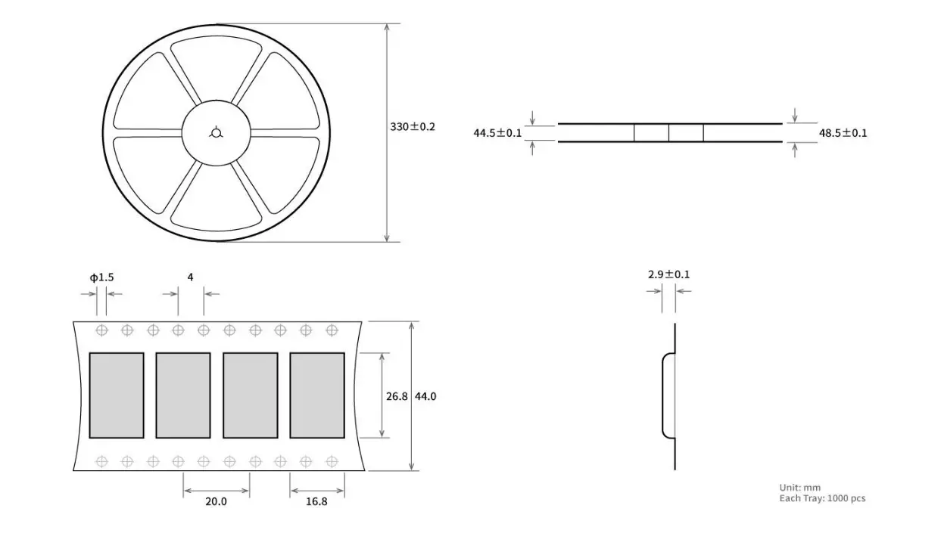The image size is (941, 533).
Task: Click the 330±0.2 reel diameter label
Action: click(x=413, y=127)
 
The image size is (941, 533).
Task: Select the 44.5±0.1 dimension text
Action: click(x=497, y=133)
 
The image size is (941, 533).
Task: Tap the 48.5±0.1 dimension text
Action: click(x=843, y=133)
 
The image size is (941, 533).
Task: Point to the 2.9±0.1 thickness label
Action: click(x=668, y=274)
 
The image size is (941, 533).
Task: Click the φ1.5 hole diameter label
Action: click(x=101, y=277)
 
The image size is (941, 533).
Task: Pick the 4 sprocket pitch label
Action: click(x=190, y=277)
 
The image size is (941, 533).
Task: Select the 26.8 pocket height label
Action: click(x=397, y=395)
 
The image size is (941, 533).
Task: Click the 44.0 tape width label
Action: click(x=425, y=395)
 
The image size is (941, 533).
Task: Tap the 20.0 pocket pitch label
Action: click(x=215, y=501)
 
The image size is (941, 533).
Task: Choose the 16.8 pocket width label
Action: click(x=316, y=501)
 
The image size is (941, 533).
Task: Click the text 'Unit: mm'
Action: click(x=799, y=488)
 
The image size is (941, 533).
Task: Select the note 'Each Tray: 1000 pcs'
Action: click(x=822, y=499)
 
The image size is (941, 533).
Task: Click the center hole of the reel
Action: click(x=216, y=134)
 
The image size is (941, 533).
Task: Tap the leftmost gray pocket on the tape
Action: click(x=117, y=395)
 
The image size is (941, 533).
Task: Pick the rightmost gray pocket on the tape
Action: click(x=317, y=395)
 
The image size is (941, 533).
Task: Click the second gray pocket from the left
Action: click(x=183, y=395)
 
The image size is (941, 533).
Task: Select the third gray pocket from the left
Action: click(x=250, y=395)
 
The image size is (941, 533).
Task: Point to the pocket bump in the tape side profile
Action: click(x=668, y=395)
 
